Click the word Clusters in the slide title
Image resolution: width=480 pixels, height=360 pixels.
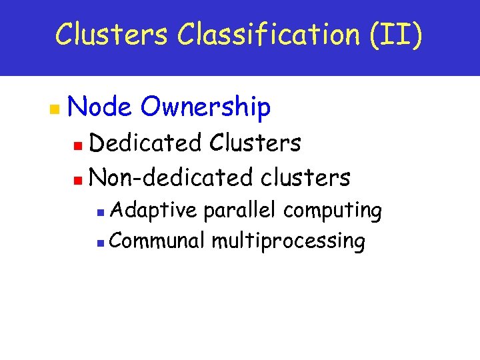click(111, 34)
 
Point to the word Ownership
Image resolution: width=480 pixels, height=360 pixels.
click(206, 107)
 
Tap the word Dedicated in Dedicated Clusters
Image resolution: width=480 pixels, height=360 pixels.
click(145, 143)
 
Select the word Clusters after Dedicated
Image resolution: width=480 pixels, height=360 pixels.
click(255, 143)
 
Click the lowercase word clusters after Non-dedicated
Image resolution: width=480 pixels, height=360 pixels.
click(305, 177)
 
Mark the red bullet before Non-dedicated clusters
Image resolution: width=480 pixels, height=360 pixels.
click(79, 179)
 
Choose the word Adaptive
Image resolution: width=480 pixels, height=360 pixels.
click(154, 211)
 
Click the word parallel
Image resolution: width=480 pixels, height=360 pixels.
click(241, 211)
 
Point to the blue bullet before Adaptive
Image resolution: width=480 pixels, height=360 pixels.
click(100, 212)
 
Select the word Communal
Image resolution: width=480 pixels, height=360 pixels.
click(158, 240)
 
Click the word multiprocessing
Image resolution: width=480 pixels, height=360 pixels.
click(288, 241)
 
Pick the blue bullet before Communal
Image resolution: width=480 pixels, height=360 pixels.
click(100, 241)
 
